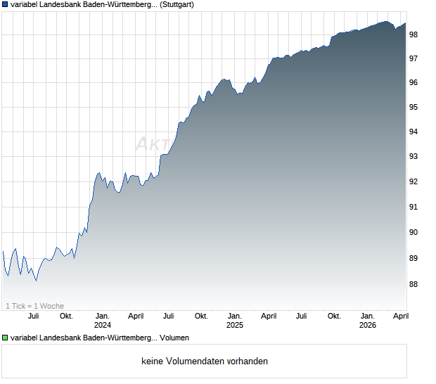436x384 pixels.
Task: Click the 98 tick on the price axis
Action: point(413,34)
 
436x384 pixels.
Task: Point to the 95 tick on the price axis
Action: point(413,108)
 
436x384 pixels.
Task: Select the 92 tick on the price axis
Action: point(413,181)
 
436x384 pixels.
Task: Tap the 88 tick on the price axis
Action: point(413,284)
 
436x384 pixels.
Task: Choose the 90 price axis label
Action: point(413,233)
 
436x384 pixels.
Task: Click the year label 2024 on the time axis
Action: point(103,325)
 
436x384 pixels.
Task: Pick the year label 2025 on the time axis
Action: point(235,325)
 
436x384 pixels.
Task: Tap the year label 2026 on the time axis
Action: point(367,325)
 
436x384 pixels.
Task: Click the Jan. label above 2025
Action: point(235,316)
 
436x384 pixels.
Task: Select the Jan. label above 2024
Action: point(103,316)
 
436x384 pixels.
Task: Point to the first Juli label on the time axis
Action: point(33,316)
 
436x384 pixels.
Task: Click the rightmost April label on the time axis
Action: point(400,316)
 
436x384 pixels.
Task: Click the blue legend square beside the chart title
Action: point(5,5)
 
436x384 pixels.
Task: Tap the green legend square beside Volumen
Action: point(5,338)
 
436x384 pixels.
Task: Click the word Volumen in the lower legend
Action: point(174,338)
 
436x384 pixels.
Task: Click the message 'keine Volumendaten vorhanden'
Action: point(205,361)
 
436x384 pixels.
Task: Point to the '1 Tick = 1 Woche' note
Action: point(35,306)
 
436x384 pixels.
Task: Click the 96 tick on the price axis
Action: point(413,82)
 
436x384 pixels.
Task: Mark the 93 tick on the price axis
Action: point(413,156)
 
